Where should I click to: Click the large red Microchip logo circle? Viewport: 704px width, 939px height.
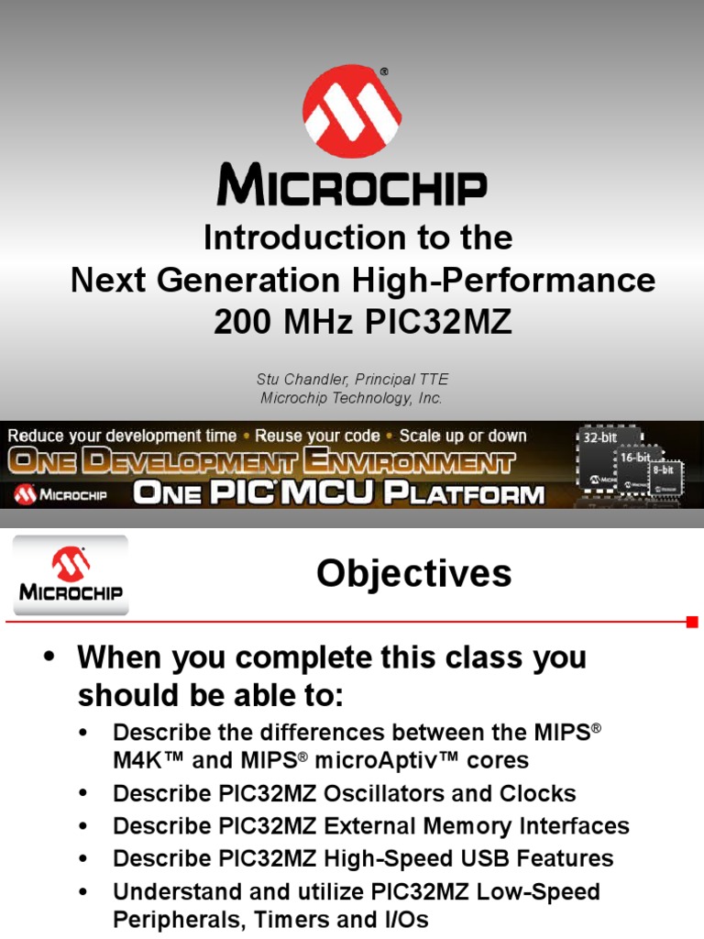click(x=352, y=111)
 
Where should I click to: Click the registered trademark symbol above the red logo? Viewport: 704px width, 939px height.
click(x=384, y=72)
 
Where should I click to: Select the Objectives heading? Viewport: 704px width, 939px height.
click(x=414, y=574)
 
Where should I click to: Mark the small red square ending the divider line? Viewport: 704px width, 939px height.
click(x=692, y=622)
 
